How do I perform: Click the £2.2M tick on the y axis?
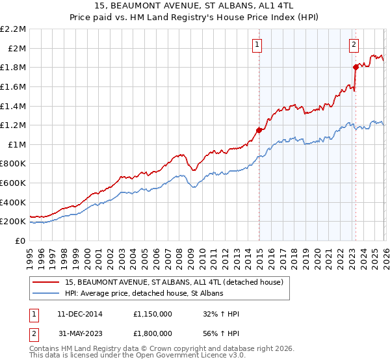pos(14,29)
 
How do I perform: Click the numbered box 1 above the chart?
pos(257,45)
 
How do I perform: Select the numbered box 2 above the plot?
pos(354,45)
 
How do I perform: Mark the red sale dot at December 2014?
pos(259,130)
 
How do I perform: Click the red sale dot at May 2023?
pos(356,67)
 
